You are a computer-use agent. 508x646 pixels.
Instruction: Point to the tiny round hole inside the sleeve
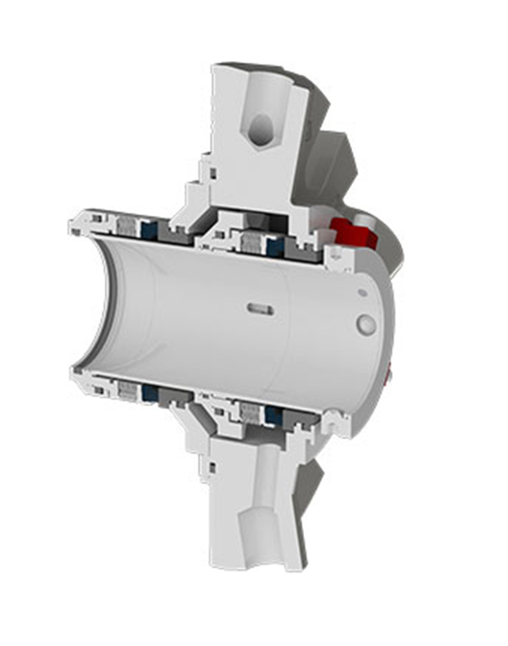(362, 292)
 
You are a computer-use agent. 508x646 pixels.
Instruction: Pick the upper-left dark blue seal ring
(149, 229)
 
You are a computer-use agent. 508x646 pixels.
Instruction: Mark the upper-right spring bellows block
(252, 243)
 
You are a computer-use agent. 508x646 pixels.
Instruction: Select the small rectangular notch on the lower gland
(209, 463)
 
